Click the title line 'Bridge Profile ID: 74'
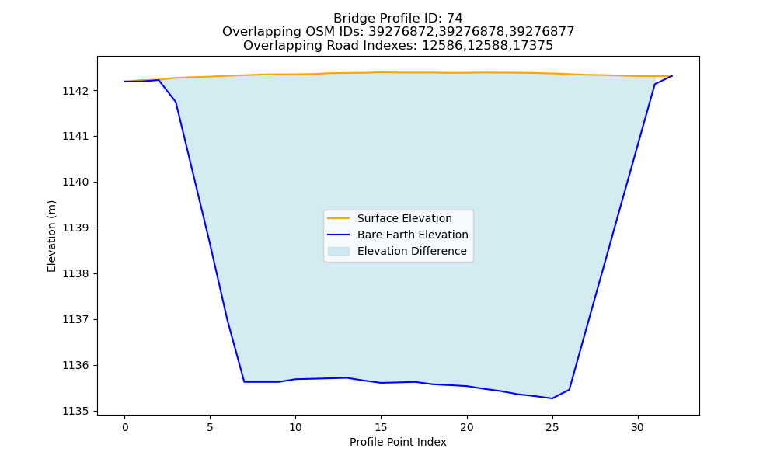398,19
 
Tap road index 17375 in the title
535,46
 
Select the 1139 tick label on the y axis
77,228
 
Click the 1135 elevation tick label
77,411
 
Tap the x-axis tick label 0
125,427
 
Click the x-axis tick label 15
381,427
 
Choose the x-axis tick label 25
552,427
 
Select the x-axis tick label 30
638,427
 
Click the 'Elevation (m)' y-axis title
51,236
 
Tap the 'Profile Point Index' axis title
398,442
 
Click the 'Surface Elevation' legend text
404,218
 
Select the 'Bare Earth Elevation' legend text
413,235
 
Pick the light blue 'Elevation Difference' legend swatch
339,251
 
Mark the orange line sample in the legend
339,218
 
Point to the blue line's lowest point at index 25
552,398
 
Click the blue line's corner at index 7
244,382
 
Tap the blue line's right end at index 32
672,76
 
